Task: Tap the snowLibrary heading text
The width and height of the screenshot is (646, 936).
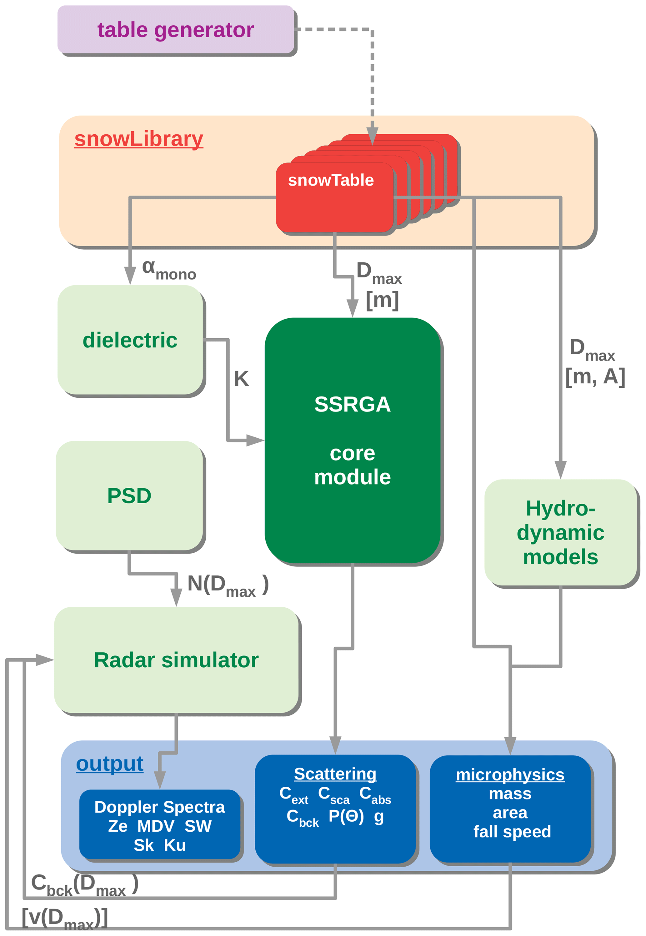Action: pos(138,139)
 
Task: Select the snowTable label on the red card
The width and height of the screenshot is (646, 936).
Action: pos(331,180)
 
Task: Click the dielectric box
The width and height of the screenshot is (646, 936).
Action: pos(130,340)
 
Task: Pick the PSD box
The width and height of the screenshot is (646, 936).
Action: pos(129,495)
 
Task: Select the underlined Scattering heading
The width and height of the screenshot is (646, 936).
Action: pos(335,774)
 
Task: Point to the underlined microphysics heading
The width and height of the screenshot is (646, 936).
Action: pos(510,774)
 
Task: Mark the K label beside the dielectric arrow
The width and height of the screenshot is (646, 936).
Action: pos(241,379)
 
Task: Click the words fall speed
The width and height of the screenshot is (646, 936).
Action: pos(512,832)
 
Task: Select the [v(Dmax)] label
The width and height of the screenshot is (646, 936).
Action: pos(65,918)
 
